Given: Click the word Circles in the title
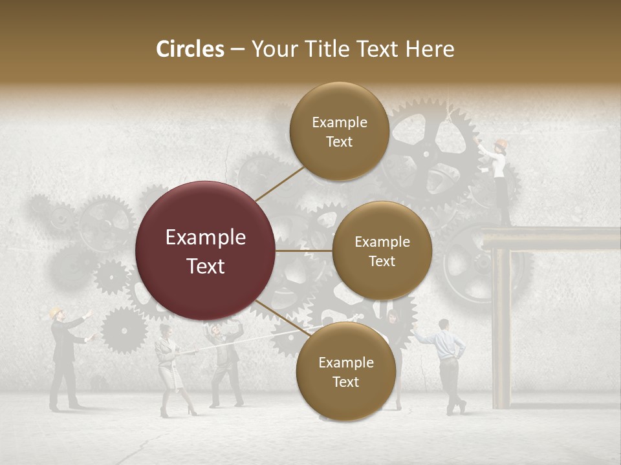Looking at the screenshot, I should (190, 49).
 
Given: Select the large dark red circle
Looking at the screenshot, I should (206, 251).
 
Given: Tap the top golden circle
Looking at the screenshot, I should (339, 131).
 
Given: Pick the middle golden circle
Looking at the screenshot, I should (382, 251).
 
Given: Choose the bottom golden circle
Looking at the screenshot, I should (345, 371).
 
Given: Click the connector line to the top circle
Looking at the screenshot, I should (279, 184).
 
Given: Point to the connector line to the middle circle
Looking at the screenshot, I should (304, 251).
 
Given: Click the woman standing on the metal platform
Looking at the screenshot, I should (499, 181).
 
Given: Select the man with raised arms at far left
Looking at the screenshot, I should (65, 358).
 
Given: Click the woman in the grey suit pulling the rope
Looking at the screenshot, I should (170, 368).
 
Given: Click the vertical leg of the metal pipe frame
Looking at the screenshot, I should (501, 329).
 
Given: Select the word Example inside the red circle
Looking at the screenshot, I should (206, 238).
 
